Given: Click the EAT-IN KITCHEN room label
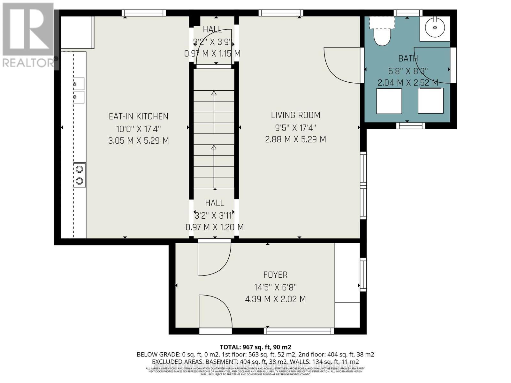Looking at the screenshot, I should pyautogui.click(x=138, y=116).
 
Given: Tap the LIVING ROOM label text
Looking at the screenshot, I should pyautogui.click(x=295, y=115).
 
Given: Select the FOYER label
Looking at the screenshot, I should pyautogui.click(x=275, y=275).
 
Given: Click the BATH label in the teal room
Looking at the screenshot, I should pyautogui.click(x=408, y=58).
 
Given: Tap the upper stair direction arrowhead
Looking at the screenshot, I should pyautogui.click(x=214, y=93).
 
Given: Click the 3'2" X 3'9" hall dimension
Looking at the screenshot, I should pyautogui.click(x=212, y=42).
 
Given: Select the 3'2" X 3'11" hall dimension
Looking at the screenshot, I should pyautogui.click(x=215, y=215).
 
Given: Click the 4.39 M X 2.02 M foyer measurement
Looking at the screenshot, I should pyautogui.click(x=275, y=299).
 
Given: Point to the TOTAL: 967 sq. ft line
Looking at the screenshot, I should pyautogui.click(x=255, y=347).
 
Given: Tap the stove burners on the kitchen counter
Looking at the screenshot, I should pyautogui.click(x=80, y=175).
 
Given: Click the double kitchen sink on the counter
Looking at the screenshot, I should pyautogui.click(x=79, y=90).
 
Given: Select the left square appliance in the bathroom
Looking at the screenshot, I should pyautogui.click(x=389, y=101).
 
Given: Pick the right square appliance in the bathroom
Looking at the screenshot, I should pyautogui.click(x=431, y=101).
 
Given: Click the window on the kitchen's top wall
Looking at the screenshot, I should pyautogui.click(x=144, y=13).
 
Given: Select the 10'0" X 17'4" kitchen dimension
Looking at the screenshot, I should pyautogui.click(x=138, y=129).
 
